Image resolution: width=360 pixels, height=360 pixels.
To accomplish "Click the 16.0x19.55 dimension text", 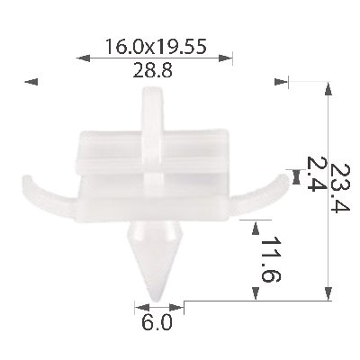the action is (x=156, y=47).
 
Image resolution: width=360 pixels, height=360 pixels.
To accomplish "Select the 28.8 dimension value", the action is (x=153, y=71).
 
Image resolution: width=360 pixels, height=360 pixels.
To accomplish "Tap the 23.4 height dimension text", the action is (x=339, y=188).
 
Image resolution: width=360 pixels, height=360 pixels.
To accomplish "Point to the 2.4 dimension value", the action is (x=314, y=174).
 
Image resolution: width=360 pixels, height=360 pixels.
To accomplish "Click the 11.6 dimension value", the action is (x=270, y=259).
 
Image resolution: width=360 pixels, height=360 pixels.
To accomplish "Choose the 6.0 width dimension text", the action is (x=157, y=323).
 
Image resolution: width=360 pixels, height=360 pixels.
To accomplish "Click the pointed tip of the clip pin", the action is (x=156, y=301).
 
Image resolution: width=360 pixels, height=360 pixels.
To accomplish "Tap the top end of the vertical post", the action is (x=152, y=88).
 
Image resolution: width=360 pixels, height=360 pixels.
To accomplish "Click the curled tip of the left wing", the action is (x=27, y=179).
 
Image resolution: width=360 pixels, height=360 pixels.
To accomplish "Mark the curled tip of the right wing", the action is (x=284, y=178).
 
